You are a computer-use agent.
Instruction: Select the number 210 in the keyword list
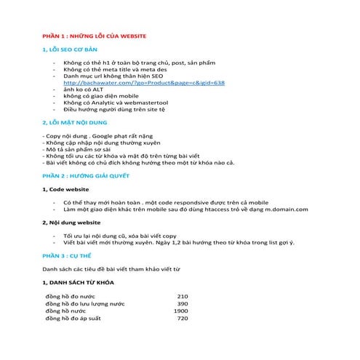coord(183,296)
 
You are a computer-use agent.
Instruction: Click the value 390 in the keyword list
coord(183,303)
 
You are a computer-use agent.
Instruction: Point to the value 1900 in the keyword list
coord(180,311)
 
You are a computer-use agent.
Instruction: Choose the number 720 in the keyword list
coord(183,318)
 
